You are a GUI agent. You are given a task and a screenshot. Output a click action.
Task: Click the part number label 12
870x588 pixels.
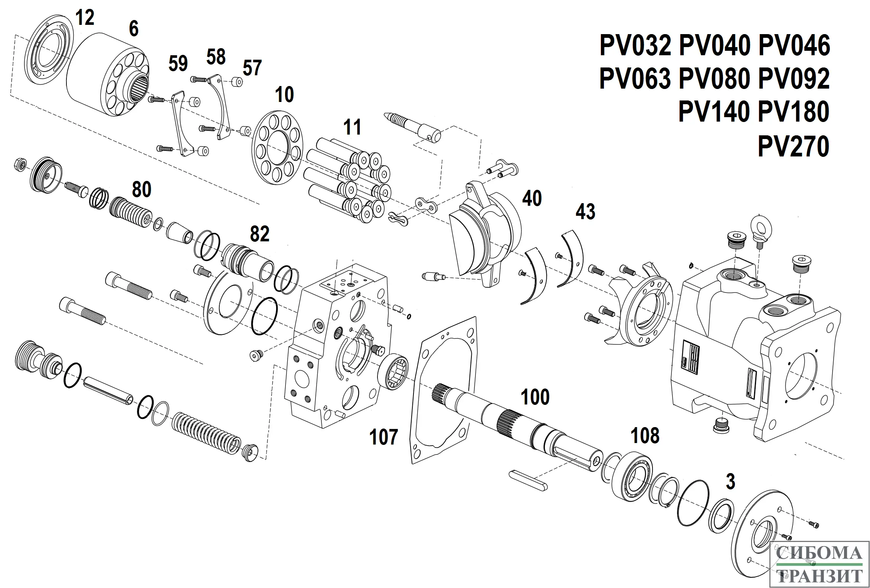coord(85,17)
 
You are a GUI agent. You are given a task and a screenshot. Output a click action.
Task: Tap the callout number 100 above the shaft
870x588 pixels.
coord(535,397)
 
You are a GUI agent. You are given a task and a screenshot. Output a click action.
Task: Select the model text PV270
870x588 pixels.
coord(793,146)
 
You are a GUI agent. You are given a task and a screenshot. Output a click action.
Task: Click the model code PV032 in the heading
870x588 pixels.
coord(635,46)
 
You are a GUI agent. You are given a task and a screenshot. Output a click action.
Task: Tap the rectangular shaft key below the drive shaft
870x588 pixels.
coord(528,480)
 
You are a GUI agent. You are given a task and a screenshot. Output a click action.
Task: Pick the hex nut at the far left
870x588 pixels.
coord(20,165)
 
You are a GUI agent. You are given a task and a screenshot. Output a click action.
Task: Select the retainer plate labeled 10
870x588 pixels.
coord(277,148)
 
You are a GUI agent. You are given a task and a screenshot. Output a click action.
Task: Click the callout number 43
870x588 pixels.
coord(585,212)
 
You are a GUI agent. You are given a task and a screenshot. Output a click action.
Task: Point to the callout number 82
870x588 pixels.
coord(259,234)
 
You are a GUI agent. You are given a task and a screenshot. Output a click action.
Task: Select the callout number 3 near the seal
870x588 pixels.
coord(730,481)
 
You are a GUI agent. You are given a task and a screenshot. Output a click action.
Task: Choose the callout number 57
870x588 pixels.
coord(252,68)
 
